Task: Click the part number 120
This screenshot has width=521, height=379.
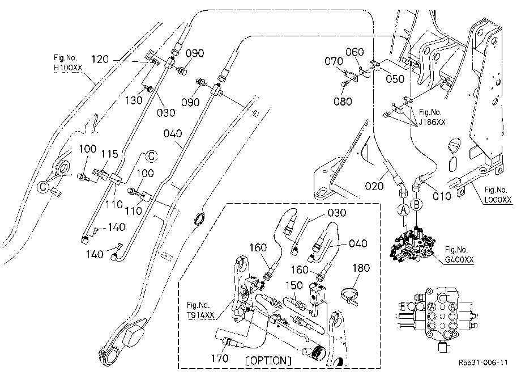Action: coord(100,59)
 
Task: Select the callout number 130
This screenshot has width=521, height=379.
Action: coord(134,100)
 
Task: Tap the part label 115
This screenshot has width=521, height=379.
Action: coord(110,154)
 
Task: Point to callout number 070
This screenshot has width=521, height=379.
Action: coord(334,61)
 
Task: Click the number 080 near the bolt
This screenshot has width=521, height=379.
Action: coord(343,101)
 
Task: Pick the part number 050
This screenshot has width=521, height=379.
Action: coord(395,79)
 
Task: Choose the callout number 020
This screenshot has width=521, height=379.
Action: coord(374,186)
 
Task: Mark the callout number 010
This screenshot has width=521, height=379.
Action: coord(442,196)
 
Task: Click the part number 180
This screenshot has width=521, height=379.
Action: coord(361,268)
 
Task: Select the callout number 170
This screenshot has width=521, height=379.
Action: coord(220,358)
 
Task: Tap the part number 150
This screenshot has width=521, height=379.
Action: coord(294,285)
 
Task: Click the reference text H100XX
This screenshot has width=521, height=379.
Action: coord(68,68)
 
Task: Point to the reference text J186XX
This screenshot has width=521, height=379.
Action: coord(432,122)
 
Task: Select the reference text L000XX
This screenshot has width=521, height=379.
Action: coord(498,200)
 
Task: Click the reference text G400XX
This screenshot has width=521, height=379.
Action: coord(459,259)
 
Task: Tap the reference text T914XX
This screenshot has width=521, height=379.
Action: coord(200,315)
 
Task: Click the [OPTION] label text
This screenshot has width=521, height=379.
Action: coord(268,360)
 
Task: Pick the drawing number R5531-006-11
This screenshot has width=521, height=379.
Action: coord(484,363)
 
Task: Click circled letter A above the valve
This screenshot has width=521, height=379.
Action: coord(403,210)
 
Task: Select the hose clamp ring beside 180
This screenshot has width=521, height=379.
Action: coord(350,295)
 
